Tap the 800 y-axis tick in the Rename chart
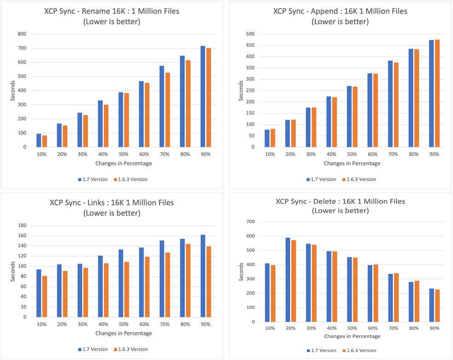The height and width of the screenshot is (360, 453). pyautogui.click(x=21, y=34)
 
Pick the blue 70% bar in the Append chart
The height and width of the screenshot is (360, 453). pyautogui.click(x=390, y=104)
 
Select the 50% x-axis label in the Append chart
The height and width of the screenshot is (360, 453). pyautogui.click(x=352, y=154)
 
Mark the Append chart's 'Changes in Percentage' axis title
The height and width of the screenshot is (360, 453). pyautogui.click(x=352, y=163)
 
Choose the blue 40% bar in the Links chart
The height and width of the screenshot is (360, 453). pyautogui.click(x=101, y=286)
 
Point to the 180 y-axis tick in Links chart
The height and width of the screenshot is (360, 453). pyautogui.click(x=21, y=225)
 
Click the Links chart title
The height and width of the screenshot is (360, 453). pyautogui.click(x=112, y=203)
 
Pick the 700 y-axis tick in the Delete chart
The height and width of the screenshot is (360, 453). pyautogui.click(x=251, y=222)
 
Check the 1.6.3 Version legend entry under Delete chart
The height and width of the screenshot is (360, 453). pyautogui.click(x=360, y=350)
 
